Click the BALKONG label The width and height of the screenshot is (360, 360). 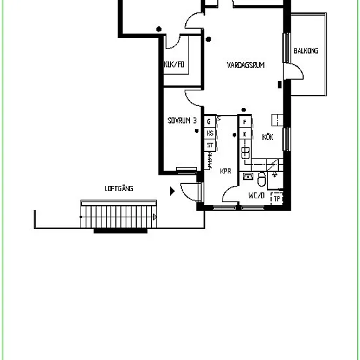pos(306,51)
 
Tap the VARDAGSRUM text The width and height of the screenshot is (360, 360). pos(245,65)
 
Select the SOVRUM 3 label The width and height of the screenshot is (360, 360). pos(182,120)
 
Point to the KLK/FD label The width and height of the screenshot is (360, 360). pos(174,65)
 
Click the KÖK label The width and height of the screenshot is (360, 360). pos(268,137)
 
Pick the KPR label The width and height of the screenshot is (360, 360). pos(225,171)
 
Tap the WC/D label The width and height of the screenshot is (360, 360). pos(256,196)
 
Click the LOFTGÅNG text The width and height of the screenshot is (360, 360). pos(119,189)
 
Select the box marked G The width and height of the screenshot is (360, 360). pos(210,121)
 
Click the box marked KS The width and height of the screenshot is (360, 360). pos(210,133)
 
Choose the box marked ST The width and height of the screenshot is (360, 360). pos(210,145)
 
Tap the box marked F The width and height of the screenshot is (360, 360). pos(245,122)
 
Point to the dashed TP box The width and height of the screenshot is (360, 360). pos(277,198)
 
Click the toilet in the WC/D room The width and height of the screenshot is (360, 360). pos(262,179)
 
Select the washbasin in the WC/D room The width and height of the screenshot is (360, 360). pos(248,176)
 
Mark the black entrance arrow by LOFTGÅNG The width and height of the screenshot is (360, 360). pos(172,191)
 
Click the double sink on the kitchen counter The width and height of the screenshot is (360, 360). pos(245,153)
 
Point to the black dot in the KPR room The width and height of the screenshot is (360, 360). pos(234,135)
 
